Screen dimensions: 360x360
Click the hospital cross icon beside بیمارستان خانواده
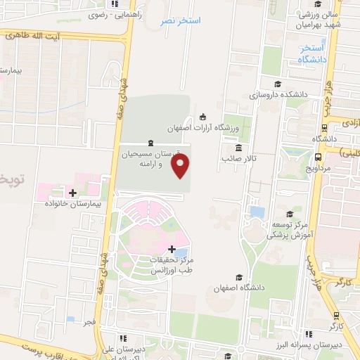(72, 192)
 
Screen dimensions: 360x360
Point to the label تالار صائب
(238, 159)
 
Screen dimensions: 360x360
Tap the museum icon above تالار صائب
(239, 148)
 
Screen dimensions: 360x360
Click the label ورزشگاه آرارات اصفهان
(204, 129)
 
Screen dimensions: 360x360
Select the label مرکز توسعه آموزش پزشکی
(289, 230)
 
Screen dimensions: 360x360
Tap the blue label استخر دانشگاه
(311, 54)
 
